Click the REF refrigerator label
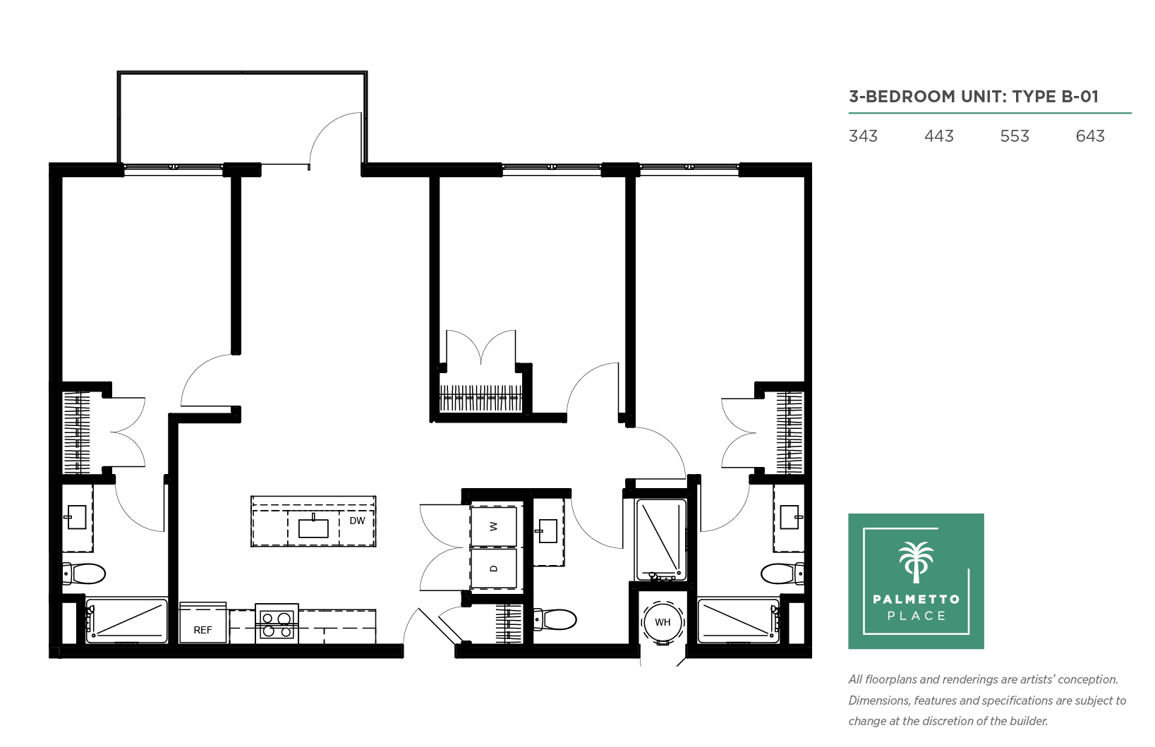pyautogui.click(x=202, y=630)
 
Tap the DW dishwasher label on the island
pyautogui.click(x=357, y=521)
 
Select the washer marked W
pyautogui.click(x=493, y=526)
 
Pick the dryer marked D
pyautogui.click(x=493, y=569)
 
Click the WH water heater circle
pyautogui.click(x=663, y=622)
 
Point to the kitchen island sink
pyautogui.click(x=313, y=528)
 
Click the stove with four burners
pyautogui.click(x=277, y=624)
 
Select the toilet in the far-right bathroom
pyautogui.click(x=782, y=573)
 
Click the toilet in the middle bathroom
pyautogui.click(x=555, y=619)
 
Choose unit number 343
pyautogui.click(x=863, y=136)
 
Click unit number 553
pyautogui.click(x=1014, y=136)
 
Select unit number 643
pyautogui.click(x=1090, y=136)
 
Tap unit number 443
pyautogui.click(x=939, y=136)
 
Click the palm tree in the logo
pyautogui.click(x=916, y=562)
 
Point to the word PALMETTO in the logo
pyautogui.click(x=917, y=599)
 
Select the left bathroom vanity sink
pyautogui.click(x=77, y=517)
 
